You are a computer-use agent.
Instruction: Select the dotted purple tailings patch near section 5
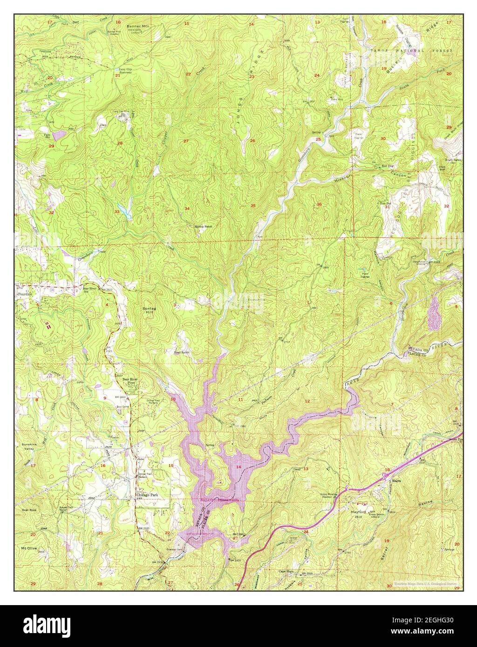(434, 309)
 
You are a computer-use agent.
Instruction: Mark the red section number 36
(319, 204)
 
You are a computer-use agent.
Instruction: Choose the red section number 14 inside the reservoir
(239, 466)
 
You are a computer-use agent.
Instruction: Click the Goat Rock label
(28, 510)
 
